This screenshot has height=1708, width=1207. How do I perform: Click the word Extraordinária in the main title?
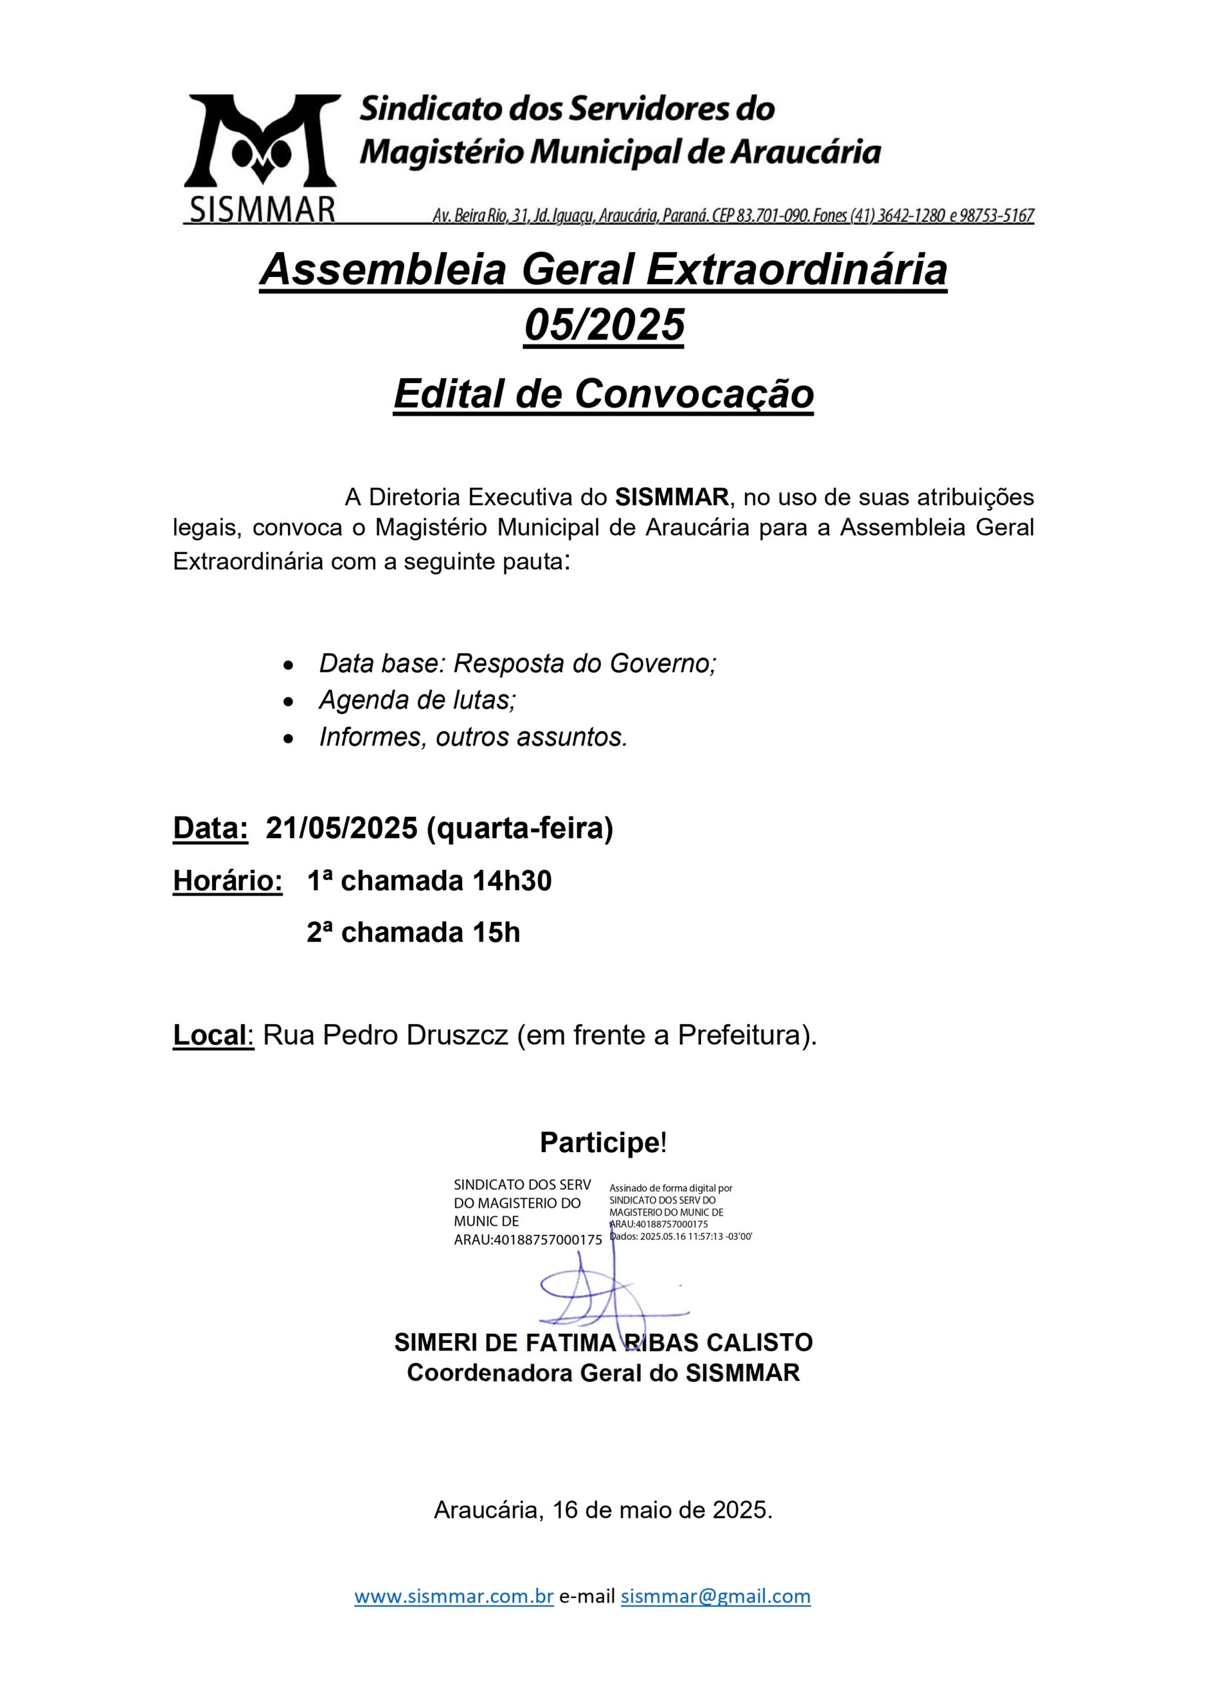pyautogui.click(x=796, y=270)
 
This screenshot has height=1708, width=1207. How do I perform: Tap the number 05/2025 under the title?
pyautogui.click(x=604, y=325)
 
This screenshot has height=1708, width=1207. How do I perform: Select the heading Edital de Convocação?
pyautogui.click(x=603, y=394)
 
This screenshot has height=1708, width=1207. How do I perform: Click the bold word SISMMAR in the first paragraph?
pyautogui.click(x=672, y=496)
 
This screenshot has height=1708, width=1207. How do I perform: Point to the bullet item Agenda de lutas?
pyautogui.click(x=417, y=700)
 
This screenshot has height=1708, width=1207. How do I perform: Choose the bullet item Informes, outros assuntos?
pyautogui.click(x=473, y=737)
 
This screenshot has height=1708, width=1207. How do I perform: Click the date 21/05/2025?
pyautogui.click(x=341, y=828)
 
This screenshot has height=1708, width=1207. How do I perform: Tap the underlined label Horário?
pyautogui.click(x=227, y=881)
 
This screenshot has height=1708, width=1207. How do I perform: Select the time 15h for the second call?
pyautogui.click(x=496, y=932)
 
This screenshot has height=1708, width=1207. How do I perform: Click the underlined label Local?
pyautogui.click(x=211, y=1035)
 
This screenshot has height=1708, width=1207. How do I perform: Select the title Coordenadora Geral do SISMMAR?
pyautogui.click(x=603, y=1372)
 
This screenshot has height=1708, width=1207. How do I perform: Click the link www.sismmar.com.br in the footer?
pyautogui.click(x=453, y=1596)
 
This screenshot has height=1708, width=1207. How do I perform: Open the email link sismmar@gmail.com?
pyautogui.click(x=716, y=1596)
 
